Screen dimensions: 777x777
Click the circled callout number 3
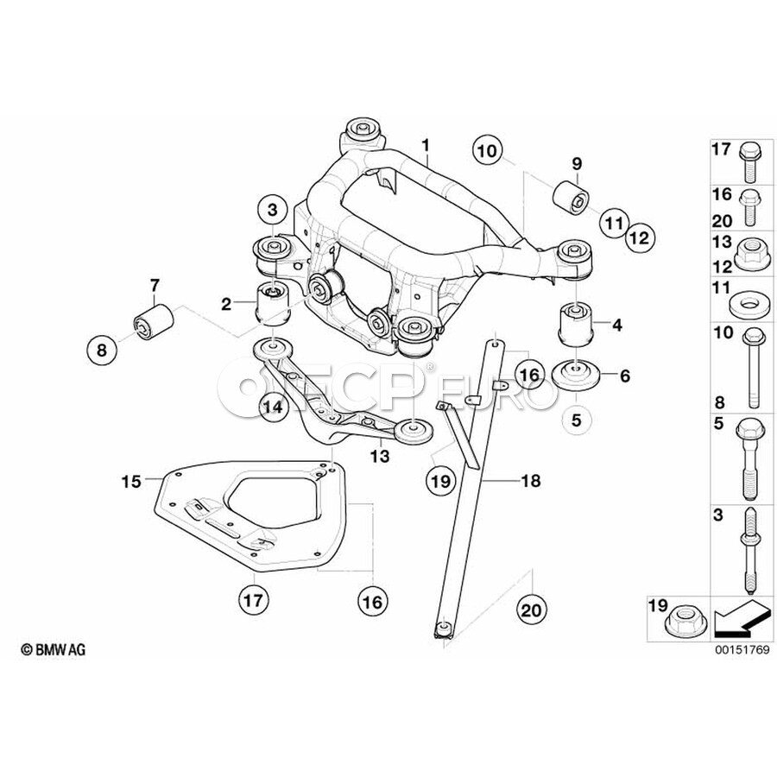(x=272, y=210)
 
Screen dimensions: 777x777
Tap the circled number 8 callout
(x=102, y=350)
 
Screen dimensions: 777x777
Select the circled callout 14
(x=273, y=405)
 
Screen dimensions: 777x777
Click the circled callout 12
(x=641, y=234)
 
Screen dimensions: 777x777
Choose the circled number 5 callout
(x=578, y=420)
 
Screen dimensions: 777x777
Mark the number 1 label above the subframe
(x=425, y=143)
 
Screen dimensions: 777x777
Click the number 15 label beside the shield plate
(x=130, y=481)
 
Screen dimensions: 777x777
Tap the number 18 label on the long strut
(x=531, y=481)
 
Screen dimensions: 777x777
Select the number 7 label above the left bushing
(x=155, y=284)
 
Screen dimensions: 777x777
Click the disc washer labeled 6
(x=574, y=376)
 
